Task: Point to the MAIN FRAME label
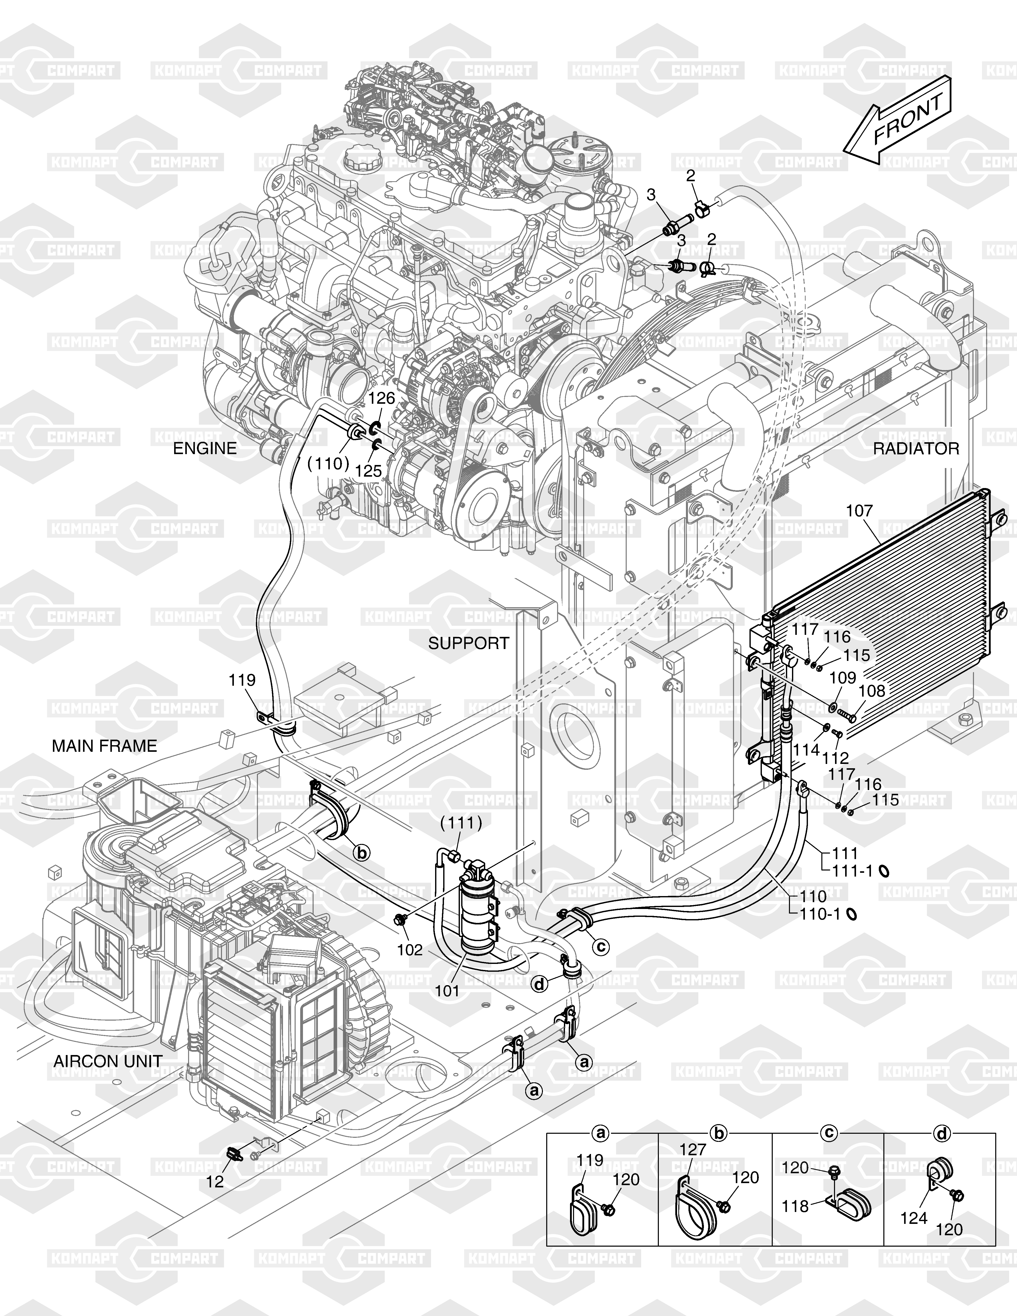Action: coord(104,746)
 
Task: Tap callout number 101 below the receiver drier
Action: coord(448,990)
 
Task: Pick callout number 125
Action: coord(369,471)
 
